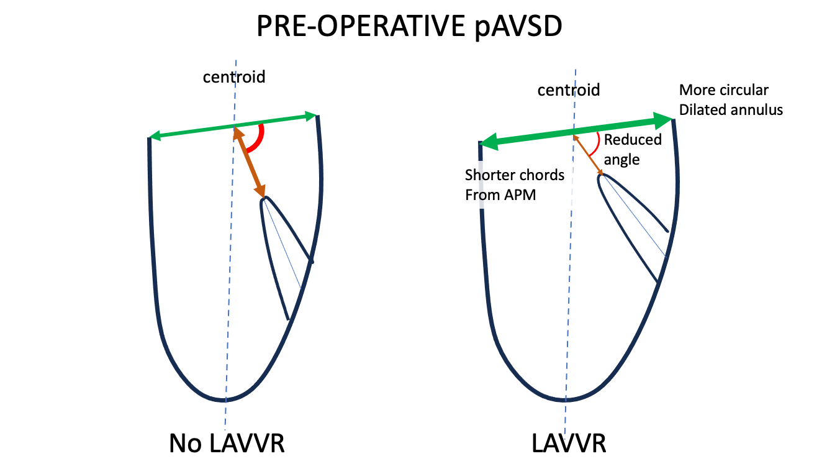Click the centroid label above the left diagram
(234, 77)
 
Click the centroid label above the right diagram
(569, 90)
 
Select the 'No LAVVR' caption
(227, 444)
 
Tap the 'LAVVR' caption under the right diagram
(569, 444)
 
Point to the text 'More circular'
(724, 90)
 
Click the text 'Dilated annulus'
(731, 110)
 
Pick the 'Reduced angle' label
(632, 149)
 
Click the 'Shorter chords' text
(515, 175)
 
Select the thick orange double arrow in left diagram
(250, 162)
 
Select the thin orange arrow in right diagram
(588, 155)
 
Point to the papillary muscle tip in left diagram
(265, 199)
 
